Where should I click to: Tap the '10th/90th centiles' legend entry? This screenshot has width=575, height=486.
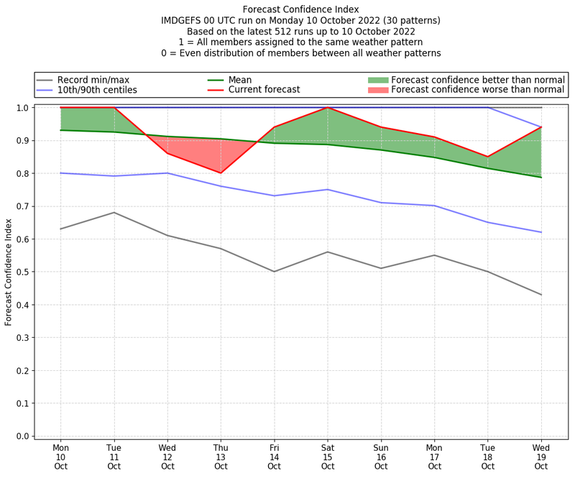click(97, 90)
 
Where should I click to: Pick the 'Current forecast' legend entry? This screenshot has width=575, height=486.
click(264, 90)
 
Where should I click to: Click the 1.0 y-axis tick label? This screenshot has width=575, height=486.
click(22, 108)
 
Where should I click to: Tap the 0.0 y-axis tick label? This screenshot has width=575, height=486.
click(22, 436)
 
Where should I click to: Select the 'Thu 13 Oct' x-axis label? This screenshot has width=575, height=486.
click(221, 457)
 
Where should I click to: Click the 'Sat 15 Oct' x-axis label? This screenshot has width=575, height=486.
click(328, 457)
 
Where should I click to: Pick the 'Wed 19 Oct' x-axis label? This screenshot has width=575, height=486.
click(541, 457)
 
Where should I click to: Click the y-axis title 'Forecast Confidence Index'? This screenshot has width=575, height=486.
click(9, 272)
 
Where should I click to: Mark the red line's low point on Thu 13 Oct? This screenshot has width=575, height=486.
click(221, 173)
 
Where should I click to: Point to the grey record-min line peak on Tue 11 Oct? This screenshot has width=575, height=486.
click(114, 212)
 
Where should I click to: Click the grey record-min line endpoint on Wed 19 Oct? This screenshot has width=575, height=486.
click(541, 295)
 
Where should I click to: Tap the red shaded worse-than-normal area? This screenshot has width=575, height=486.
click(208, 155)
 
